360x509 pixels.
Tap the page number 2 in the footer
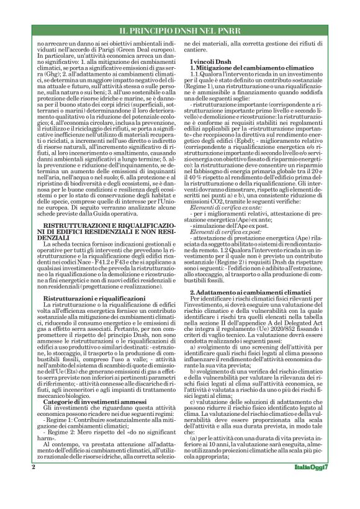[x=31, y=484]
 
